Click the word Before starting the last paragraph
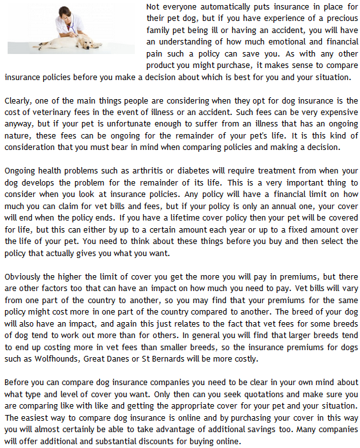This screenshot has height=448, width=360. [18, 383]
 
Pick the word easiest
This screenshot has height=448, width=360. [41, 418]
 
